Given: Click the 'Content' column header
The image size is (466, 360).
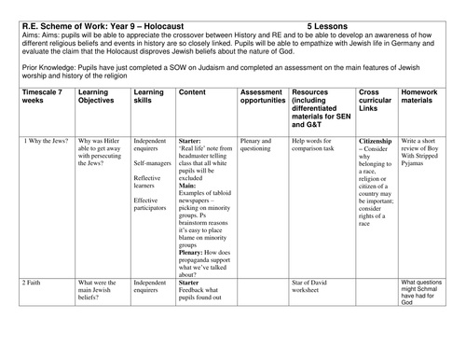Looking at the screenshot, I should [x=192, y=93].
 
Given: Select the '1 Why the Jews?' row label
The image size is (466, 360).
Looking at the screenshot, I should [x=39, y=140].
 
